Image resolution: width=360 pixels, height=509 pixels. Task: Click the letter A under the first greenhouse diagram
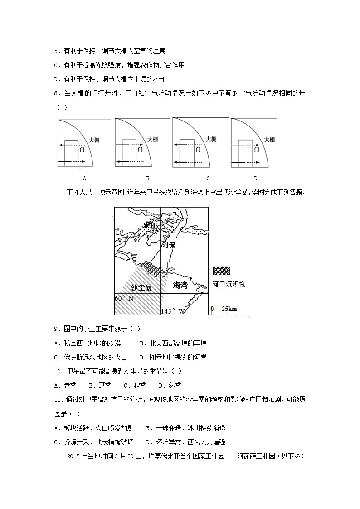coord(84,179)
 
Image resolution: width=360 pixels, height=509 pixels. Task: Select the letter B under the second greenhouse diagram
coord(148,179)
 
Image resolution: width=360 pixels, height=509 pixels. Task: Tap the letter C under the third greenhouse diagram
coord(208,179)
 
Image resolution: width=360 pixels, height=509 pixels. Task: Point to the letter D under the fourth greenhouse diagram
coord(255,179)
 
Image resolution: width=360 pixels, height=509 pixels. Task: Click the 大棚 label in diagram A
coord(94,140)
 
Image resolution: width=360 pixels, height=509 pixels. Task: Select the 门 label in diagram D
coord(257,149)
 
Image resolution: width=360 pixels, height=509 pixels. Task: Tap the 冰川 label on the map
coord(150,225)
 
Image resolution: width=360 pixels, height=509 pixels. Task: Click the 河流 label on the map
coord(168,245)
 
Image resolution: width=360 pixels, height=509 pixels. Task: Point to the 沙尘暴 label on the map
coord(141,287)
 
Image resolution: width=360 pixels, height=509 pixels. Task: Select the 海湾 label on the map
coord(180,286)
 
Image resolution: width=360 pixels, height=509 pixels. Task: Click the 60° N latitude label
coord(124,298)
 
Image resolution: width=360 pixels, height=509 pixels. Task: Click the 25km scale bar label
coord(229,309)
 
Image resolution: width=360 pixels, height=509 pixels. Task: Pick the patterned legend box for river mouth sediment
coord(221,271)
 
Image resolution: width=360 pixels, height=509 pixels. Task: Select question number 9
coord(57,329)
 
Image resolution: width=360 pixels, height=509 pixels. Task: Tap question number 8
coord(57,93)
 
